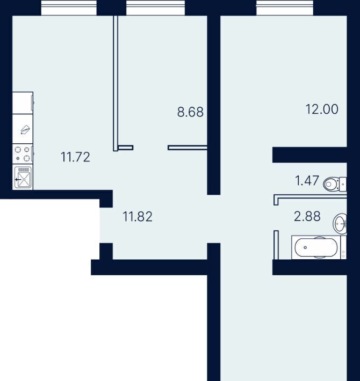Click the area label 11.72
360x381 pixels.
(75, 157)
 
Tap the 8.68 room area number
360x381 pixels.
(190, 112)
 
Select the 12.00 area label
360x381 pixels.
(322, 109)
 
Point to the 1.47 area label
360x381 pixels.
(307, 181)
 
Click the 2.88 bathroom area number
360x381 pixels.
(307, 216)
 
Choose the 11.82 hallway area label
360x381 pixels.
(138, 216)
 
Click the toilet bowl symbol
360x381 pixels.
(330, 184)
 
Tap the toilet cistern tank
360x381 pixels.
(343, 184)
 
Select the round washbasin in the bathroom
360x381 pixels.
(340, 224)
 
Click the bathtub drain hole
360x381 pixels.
(305, 247)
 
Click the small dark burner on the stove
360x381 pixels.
(18, 158)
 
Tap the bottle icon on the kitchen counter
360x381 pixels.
(25, 129)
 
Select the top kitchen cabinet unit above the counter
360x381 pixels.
(23, 103)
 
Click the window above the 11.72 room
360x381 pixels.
(69, 8)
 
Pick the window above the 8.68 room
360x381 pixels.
(155, 8)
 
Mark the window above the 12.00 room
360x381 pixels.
(285, 8)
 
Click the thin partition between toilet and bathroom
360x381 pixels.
(310, 196)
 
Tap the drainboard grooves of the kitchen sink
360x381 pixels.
(23, 170)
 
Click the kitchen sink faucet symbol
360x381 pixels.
(18, 180)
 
